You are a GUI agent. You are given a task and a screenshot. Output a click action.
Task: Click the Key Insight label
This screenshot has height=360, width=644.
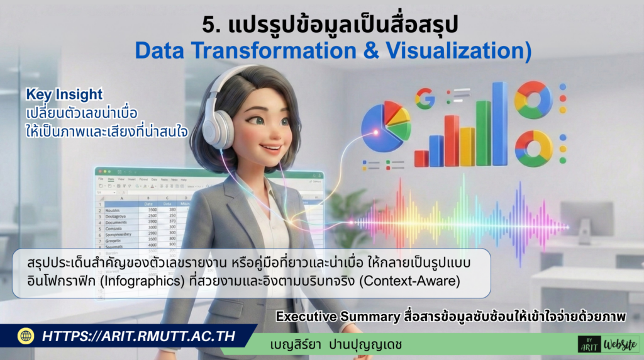64,94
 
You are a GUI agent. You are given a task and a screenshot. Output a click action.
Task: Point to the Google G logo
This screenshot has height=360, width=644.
425,99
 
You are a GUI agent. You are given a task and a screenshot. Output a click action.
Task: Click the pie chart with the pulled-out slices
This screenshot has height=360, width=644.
386,126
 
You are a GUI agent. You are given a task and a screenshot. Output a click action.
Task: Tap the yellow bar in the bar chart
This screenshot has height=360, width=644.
467,146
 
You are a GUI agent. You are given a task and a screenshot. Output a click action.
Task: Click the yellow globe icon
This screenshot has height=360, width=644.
26,336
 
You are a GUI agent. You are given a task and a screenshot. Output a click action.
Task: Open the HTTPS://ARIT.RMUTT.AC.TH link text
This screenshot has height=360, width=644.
138,336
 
